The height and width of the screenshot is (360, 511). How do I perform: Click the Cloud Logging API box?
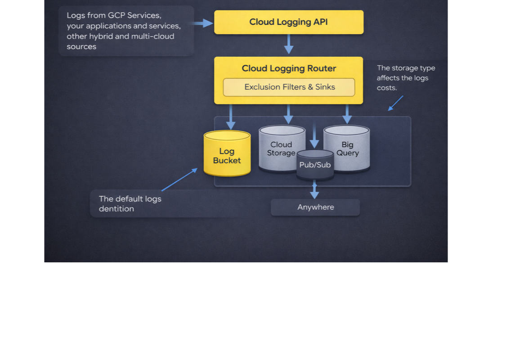point(288,22)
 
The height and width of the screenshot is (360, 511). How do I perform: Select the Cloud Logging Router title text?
point(289,68)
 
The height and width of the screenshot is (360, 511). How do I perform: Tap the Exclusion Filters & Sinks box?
point(289,87)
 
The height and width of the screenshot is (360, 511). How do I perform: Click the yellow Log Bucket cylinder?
point(227,155)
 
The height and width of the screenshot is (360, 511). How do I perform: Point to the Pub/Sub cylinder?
point(315,165)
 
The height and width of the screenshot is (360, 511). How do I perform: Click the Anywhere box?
point(315,207)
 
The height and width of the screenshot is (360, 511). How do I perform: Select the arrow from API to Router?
point(289,44)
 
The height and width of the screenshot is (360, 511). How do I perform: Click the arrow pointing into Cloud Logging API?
point(203,23)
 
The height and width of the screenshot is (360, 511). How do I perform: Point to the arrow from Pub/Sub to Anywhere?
point(314,189)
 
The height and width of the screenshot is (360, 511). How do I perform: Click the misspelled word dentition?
point(116,209)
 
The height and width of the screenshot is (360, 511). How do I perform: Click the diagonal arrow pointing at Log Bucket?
point(179,180)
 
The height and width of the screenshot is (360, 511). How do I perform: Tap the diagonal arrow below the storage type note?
point(395,103)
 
